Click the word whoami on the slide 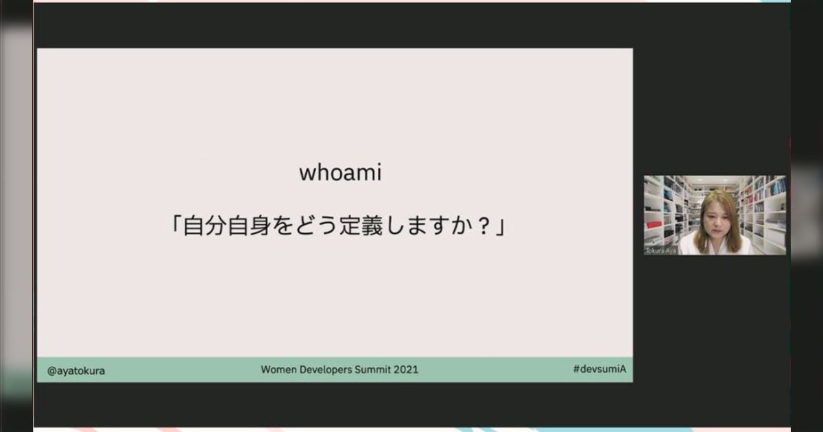pos(339,173)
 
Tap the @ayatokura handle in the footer pos(76,370)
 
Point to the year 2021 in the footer pos(405,370)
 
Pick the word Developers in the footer pos(324,370)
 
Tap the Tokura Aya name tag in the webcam pos(660,250)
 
